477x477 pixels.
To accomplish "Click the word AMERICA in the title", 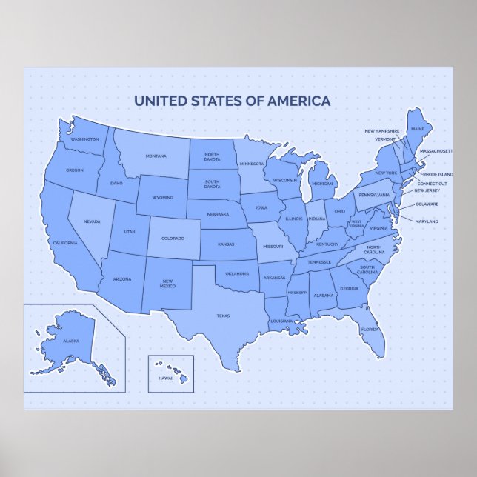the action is coord(298,101).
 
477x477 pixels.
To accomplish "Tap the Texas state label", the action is coord(223,316).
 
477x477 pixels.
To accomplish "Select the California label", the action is coord(65,243).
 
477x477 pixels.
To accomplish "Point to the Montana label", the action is coord(156,156).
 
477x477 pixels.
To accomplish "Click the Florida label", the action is coord(370,329).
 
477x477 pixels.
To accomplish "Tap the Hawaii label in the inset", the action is coord(164,378).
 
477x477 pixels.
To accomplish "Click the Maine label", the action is coord(418,129).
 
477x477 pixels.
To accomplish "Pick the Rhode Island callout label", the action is coord(438,174).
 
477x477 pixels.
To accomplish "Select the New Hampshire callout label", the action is coord(381,131).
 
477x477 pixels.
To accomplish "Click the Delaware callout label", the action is coord(427,204).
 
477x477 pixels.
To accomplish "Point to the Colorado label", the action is coord(172,238).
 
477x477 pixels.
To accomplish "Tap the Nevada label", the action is coord(92,221).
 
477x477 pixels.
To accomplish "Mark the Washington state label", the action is coord(84,139).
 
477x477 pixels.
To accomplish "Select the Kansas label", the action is coord(226,243).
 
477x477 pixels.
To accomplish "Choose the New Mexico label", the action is coord(168,283).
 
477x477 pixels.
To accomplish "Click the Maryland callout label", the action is coord(427,221).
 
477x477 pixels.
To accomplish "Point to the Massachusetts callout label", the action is coord(436,150).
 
